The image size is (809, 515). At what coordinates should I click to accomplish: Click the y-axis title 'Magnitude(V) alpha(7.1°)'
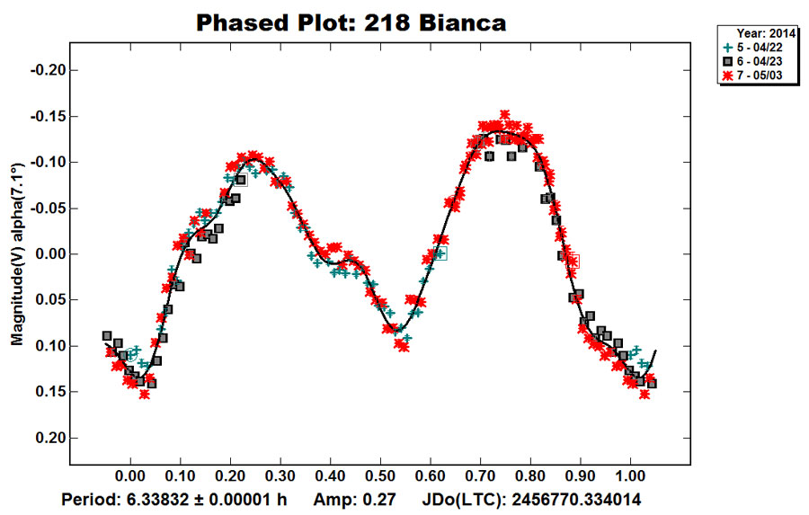16,255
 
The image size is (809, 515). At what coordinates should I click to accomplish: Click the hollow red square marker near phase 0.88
573,261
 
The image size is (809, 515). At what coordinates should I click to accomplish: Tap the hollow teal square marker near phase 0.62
440,254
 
